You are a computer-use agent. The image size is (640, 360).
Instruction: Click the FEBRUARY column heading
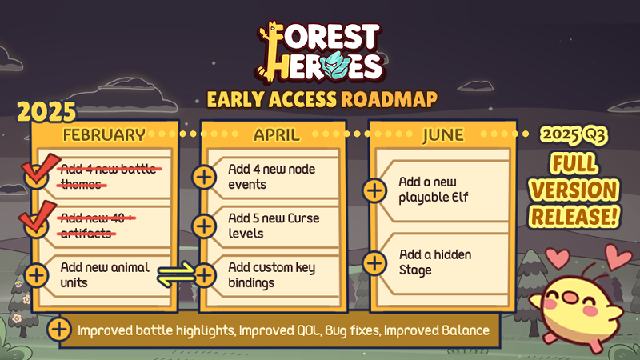(x=104, y=134)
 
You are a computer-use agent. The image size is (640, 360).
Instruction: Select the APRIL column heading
(x=277, y=134)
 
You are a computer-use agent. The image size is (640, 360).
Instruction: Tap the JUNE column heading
(x=443, y=135)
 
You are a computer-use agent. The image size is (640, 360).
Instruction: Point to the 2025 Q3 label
(x=573, y=134)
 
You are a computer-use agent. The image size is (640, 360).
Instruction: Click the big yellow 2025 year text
(x=46, y=111)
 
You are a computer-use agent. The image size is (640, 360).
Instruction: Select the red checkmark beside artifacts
(x=38, y=216)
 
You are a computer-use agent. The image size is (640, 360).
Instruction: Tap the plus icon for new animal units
(x=37, y=275)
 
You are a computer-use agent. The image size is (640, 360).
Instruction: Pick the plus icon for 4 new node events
(x=204, y=177)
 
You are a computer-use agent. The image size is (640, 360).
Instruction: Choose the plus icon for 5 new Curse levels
(x=204, y=226)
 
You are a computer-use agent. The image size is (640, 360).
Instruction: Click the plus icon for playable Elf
(x=374, y=190)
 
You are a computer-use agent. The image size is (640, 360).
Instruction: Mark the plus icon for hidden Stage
(x=374, y=263)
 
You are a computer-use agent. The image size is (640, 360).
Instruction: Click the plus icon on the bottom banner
(x=59, y=330)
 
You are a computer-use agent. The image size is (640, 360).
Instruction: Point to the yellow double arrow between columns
(x=176, y=274)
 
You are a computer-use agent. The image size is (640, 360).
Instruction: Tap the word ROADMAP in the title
(x=389, y=99)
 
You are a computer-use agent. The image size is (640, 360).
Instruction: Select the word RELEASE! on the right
(x=574, y=216)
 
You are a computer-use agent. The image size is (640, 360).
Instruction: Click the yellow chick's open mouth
(x=567, y=297)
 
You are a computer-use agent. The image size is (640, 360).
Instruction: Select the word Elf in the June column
(x=459, y=197)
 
